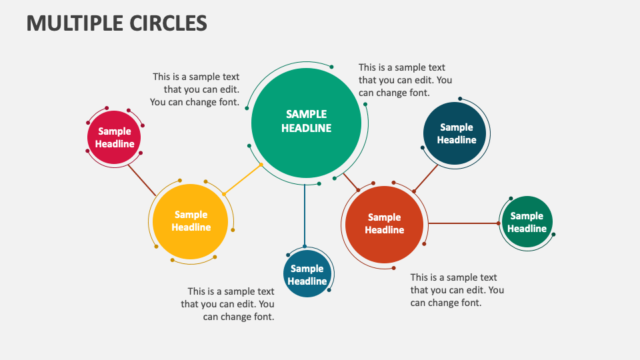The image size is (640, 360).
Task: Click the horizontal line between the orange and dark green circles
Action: click(x=463, y=223)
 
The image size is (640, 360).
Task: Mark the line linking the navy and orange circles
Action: click(x=426, y=178)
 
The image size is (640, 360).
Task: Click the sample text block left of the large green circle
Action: click(x=195, y=89)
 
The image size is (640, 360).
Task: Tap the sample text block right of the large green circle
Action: click(x=405, y=80)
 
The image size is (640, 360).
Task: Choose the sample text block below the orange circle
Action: click(x=457, y=290)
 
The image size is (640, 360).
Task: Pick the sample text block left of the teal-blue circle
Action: click(x=228, y=304)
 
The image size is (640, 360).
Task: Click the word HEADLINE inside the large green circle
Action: click(x=306, y=128)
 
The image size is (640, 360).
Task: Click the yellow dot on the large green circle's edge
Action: click(x=261, y=164)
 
